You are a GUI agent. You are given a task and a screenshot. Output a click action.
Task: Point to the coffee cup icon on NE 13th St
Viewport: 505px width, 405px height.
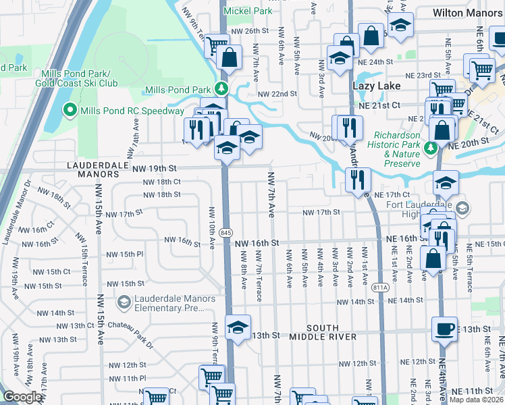[x=444, y=329]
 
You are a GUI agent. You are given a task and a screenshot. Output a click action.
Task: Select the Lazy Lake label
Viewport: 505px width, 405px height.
[x=377, y=86]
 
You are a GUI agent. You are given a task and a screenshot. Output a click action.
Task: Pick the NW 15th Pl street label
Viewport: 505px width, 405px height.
[x=126, y=254]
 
